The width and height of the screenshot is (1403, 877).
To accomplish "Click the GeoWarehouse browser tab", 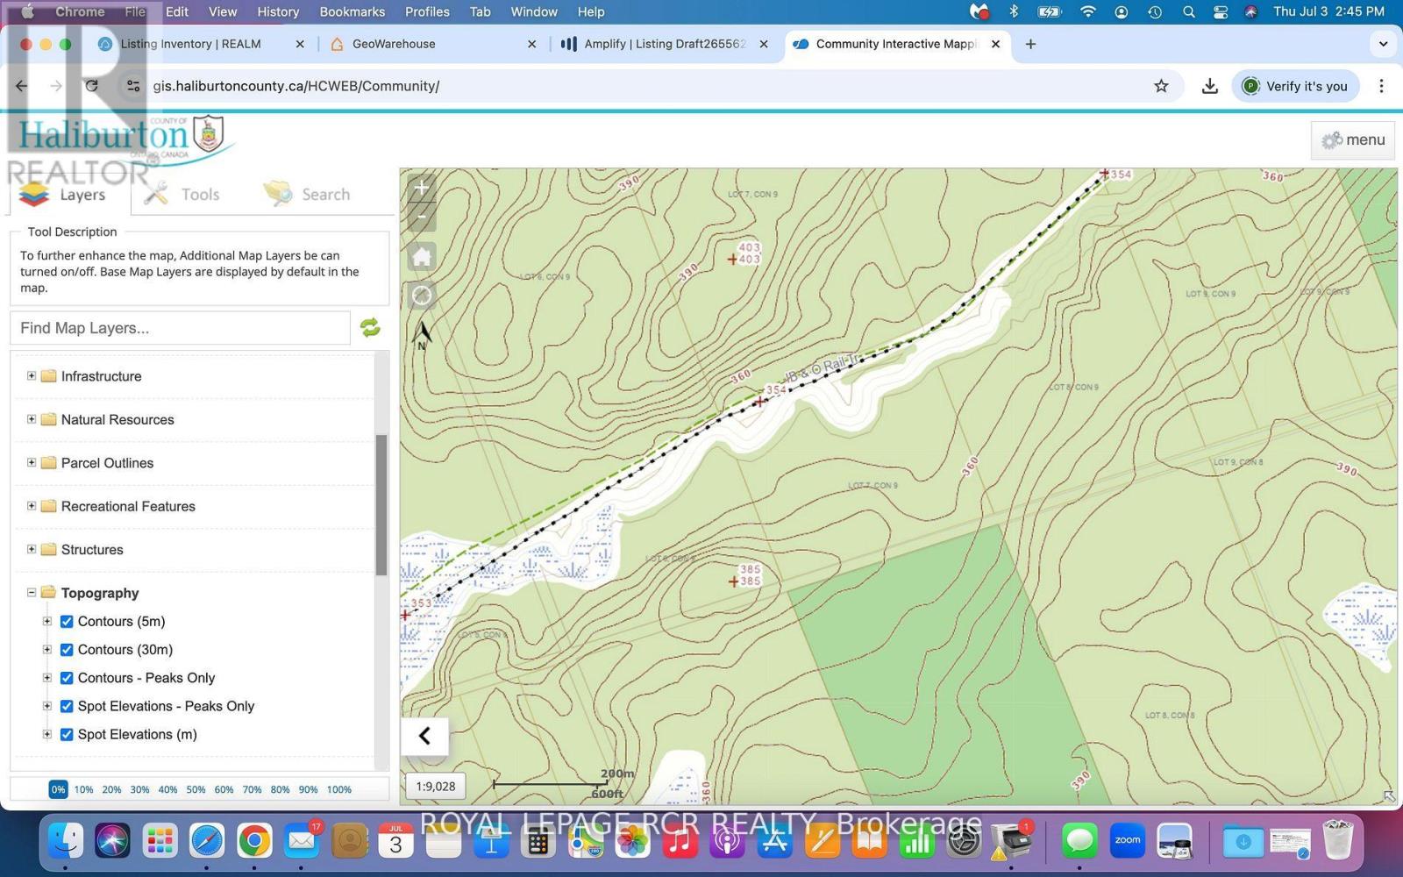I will point(393,44).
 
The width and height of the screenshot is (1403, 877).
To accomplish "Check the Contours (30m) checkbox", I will point(67,650).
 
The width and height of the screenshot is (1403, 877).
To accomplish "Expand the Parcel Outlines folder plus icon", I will point(32,462).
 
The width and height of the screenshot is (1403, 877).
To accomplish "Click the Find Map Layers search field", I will point(180,328).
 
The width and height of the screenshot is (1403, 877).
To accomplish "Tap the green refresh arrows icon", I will point(370,328).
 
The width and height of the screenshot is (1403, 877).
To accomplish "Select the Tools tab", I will point(182,195).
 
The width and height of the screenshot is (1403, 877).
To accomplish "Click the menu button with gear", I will point(1353,140).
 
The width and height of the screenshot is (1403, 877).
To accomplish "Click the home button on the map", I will point(422,257).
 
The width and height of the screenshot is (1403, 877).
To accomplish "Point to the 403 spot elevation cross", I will point(732,259).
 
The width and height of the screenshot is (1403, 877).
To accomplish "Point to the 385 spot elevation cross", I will point(734,581).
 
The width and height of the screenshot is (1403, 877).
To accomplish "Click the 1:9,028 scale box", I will point(436,787).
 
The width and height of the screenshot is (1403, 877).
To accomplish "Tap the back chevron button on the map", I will point(424,736).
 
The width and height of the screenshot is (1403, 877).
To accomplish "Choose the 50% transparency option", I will point(196,789).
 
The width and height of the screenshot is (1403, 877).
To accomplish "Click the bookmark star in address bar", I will point(1161,86).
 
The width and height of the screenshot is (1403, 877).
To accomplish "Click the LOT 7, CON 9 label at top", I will point(752,194).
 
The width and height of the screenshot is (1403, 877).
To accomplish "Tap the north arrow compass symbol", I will point(422,333).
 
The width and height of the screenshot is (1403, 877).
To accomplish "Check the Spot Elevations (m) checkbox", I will point(67,735).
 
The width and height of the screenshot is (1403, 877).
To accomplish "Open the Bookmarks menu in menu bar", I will point(352,11).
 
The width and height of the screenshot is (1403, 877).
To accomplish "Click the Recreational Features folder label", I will point(128,506).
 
